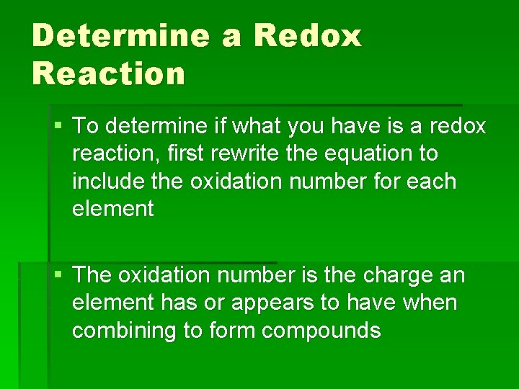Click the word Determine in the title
point(118,35)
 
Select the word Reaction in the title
point(108,73)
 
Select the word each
point(432,182)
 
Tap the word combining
point(120,331)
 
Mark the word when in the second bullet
point(431,303)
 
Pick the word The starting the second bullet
point(92,276)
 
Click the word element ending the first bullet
point(113,209)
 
